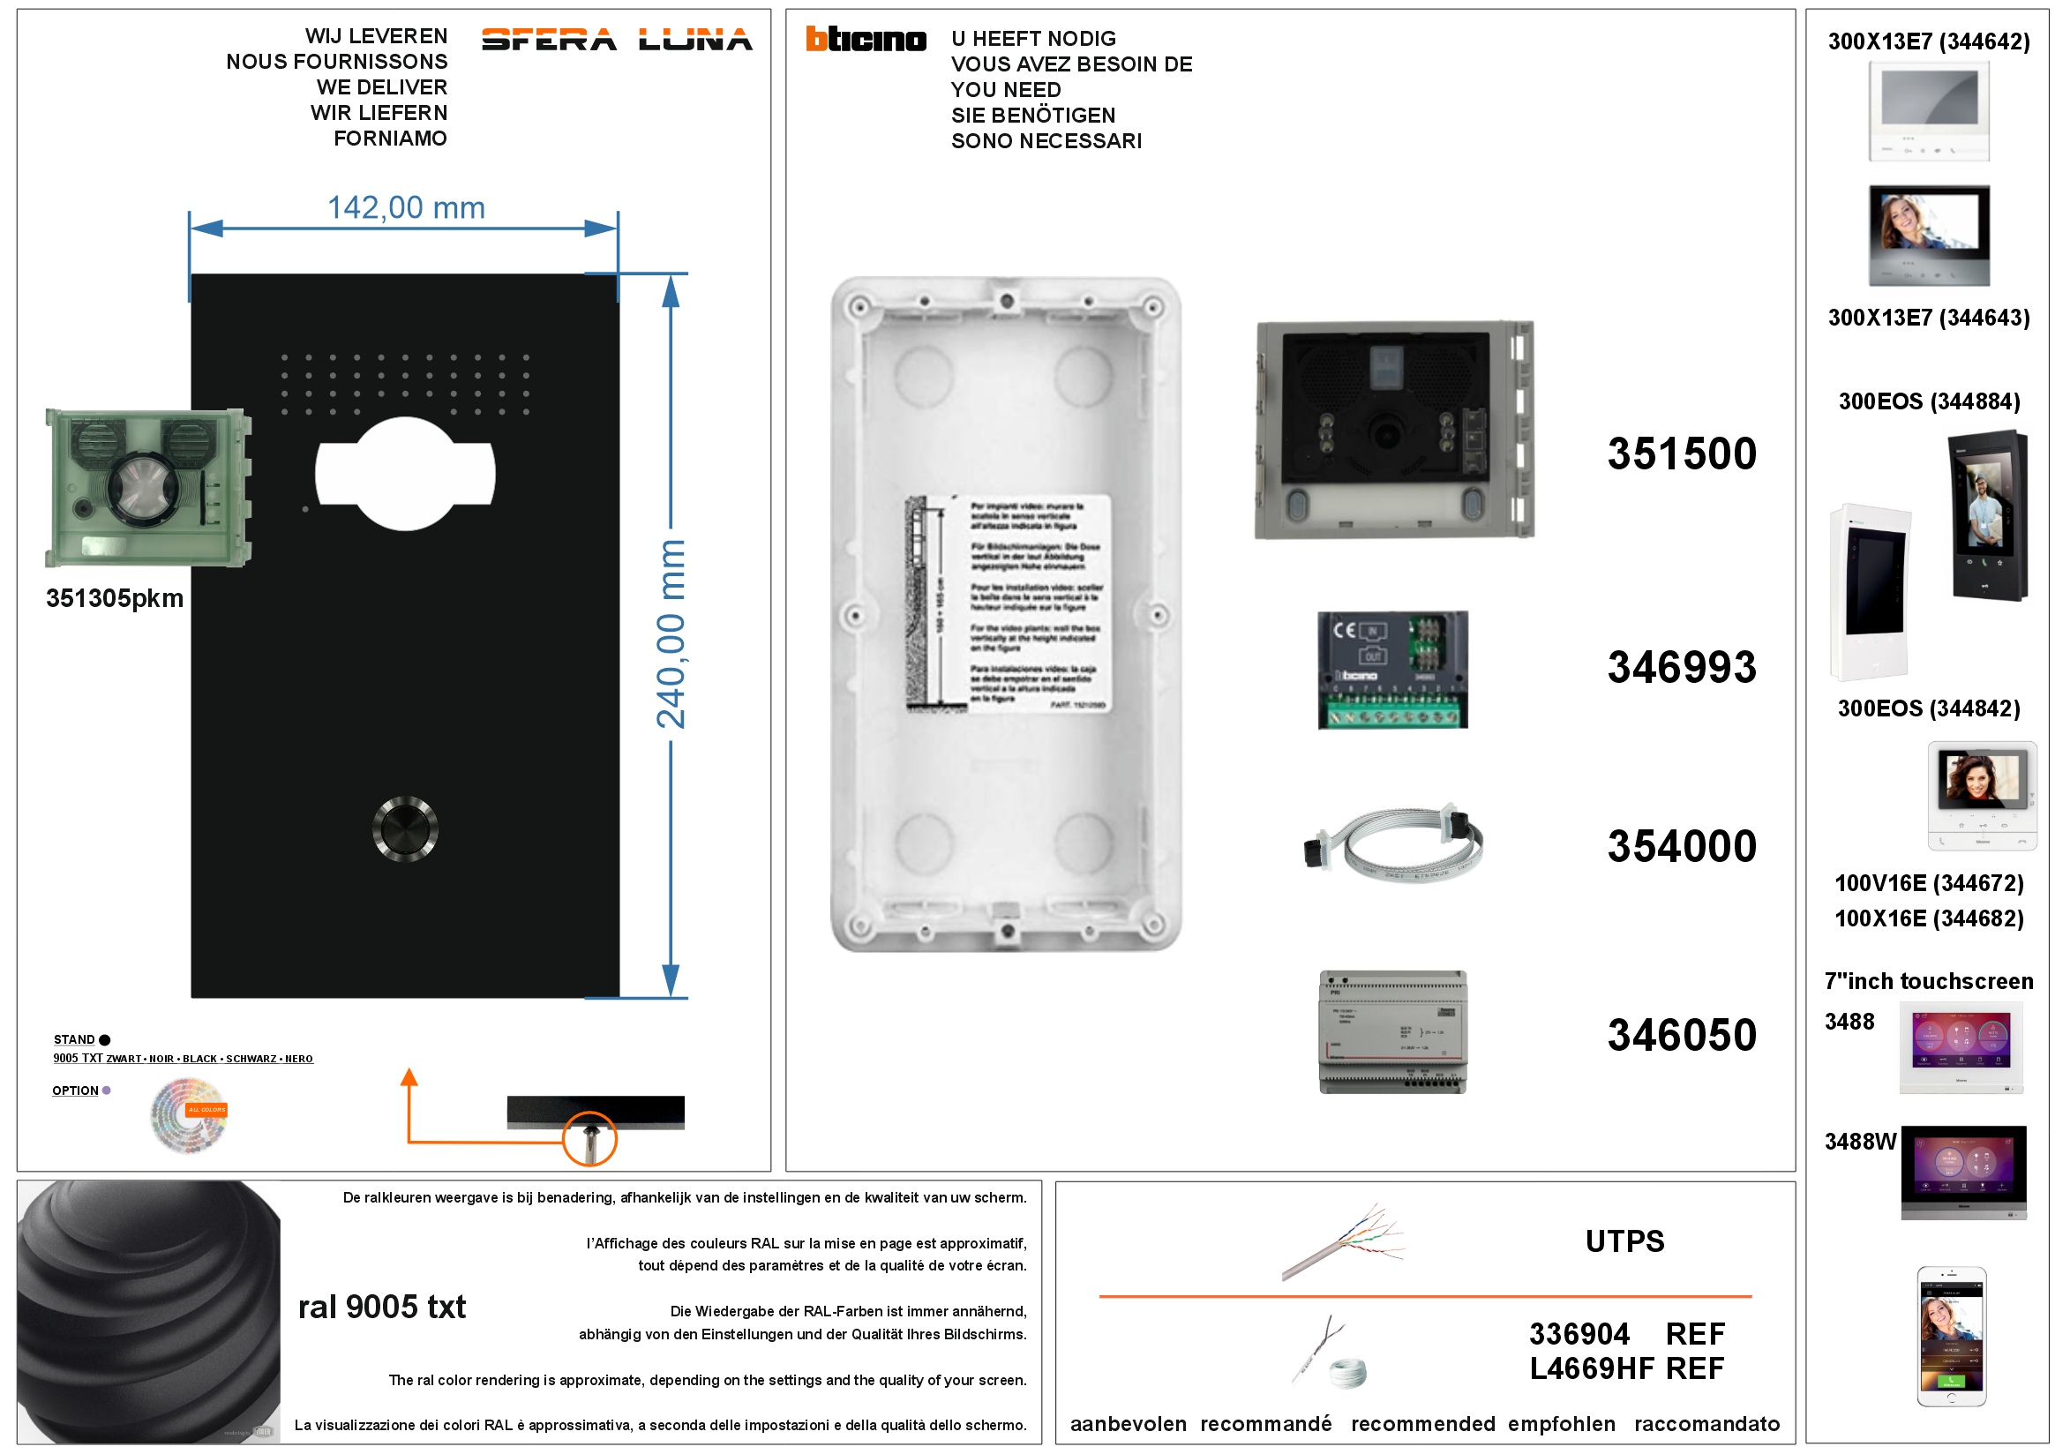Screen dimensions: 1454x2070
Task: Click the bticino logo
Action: click(x=866, y=39)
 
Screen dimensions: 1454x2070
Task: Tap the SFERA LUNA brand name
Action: click(x=617, y=40)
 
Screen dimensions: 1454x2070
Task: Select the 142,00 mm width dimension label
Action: click(x=406, y=208)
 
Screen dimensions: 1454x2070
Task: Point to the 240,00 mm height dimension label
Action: click(x=671, y=633)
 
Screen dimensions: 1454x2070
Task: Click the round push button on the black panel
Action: click(x=405, y=829)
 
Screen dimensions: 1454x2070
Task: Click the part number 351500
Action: click(x=1682, y=453)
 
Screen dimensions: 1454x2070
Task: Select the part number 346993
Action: click(x=1682, y=668)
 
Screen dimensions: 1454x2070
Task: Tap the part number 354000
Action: click(x=1682, y=846)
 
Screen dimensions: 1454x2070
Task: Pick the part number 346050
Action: click(x=1682, y=1035)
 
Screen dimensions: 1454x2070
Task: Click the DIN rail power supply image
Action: click(x=1393, y=1032)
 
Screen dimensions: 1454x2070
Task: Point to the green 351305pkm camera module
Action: click(x=148, y=488)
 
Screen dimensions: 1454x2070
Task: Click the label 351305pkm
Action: click(x=115, y=598)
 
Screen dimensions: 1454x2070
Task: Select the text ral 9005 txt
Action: click(x=381, y=1307)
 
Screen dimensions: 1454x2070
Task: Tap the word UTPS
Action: click(x=1624, y=1241)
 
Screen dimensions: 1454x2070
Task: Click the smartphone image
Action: click(x=1951, y=1337)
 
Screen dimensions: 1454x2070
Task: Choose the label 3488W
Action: click(x=1860, y=1142)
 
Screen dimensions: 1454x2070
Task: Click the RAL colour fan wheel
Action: click(x=189, y=1116)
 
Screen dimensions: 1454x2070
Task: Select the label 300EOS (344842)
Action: click(x=1929, y=708)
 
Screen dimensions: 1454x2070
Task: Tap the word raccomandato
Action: click(x=1706, y=1424)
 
